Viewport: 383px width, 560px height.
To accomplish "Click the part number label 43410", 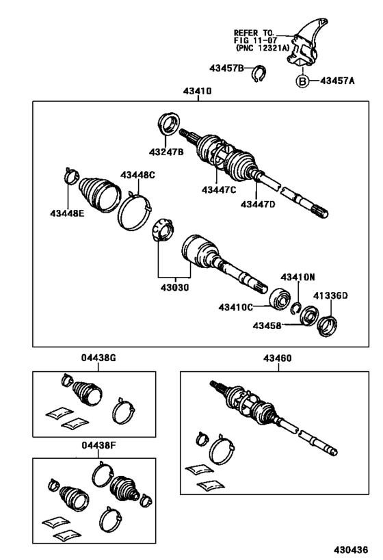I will click(197, 91).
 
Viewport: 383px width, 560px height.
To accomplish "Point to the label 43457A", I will click(337, 81).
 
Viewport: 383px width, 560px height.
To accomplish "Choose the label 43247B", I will click(166, 152).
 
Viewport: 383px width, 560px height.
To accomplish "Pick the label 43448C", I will click(137, 175).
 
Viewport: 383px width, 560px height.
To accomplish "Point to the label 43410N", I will click(298, 277).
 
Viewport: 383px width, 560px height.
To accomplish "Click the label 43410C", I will click(237, 307).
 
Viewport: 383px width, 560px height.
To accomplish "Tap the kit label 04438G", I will click(94, 357).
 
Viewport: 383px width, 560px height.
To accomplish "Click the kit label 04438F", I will click(94, 445).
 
